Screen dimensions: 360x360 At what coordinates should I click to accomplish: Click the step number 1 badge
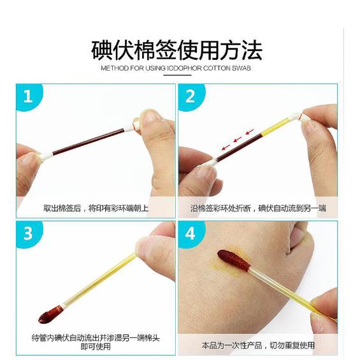pos(28,96)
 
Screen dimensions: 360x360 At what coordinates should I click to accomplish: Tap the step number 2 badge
pos(190,96)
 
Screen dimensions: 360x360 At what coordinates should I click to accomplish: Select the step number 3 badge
pos(28,233)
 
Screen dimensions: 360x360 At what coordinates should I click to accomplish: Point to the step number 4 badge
pos(190,233)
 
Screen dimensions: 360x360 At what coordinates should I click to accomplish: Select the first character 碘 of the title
pos(102,50)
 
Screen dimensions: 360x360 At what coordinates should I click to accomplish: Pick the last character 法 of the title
pos(252,50)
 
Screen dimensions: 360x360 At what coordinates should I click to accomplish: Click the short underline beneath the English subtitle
pos(177,75)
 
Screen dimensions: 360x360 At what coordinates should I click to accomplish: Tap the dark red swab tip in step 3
pos(51,314)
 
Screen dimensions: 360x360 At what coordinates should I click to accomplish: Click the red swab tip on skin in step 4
pos(234,261)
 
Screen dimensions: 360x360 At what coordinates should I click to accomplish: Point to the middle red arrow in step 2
pos(238,140)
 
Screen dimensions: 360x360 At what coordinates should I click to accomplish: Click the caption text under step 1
pos(96,208)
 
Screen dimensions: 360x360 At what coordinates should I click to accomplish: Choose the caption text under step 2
pos(258,208)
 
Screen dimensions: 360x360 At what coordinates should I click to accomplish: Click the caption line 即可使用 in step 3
pos(96,346)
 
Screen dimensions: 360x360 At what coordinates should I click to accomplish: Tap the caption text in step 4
pos(258,345)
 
